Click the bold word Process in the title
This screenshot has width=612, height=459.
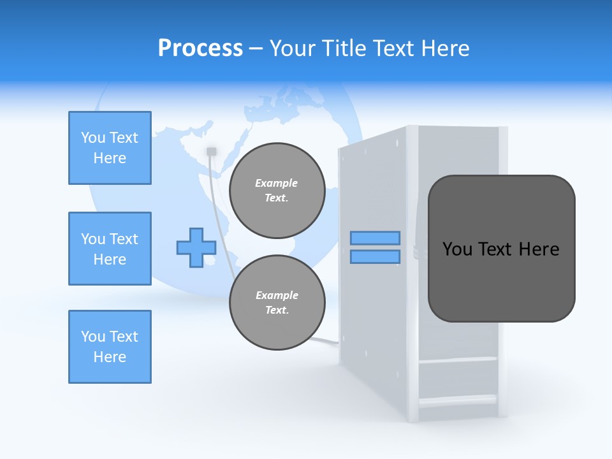point(200,48)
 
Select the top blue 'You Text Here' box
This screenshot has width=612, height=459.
point(110,148)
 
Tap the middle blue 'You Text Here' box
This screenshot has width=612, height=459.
point(110,249)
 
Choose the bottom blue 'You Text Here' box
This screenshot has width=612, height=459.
point(110,347)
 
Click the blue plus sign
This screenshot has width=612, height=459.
point(196,247)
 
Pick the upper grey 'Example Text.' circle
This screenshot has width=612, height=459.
point(277,191)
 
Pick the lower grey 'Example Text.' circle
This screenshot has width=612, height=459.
point(277,303)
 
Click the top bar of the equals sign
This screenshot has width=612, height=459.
point(375,238)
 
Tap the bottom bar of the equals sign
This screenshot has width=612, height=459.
point(375,256)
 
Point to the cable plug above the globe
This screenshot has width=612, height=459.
point(212,152)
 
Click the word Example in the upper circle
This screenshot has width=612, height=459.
point(277,183)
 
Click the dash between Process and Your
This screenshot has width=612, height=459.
point(256,48)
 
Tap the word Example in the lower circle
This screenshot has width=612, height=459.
point(277,295)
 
